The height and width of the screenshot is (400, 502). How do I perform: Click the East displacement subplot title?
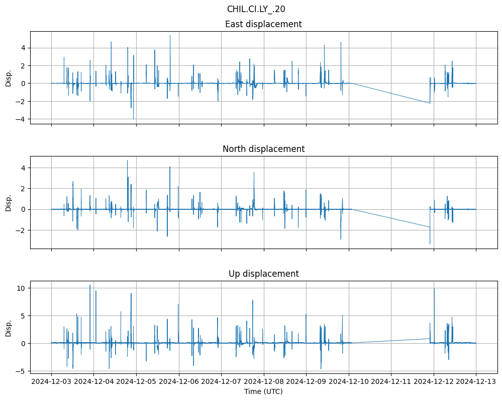263,24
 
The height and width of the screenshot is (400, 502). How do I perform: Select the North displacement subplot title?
263,149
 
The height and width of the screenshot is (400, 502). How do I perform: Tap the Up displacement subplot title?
263,274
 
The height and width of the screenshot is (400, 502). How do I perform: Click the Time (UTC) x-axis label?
263,391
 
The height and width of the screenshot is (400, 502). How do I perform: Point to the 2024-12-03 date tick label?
51,381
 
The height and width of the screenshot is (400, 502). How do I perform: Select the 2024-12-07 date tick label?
221,381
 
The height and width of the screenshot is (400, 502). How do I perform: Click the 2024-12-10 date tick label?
349,381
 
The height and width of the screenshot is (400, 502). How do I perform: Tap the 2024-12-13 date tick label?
476,381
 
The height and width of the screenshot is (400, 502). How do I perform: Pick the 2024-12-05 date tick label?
136,381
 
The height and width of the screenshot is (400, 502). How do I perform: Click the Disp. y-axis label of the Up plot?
9,329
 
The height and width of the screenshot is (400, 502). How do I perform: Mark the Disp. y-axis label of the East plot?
9,78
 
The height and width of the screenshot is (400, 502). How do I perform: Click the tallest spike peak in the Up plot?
90,285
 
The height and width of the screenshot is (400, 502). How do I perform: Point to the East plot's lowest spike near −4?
133,119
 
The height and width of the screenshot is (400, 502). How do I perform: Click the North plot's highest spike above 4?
127,161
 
